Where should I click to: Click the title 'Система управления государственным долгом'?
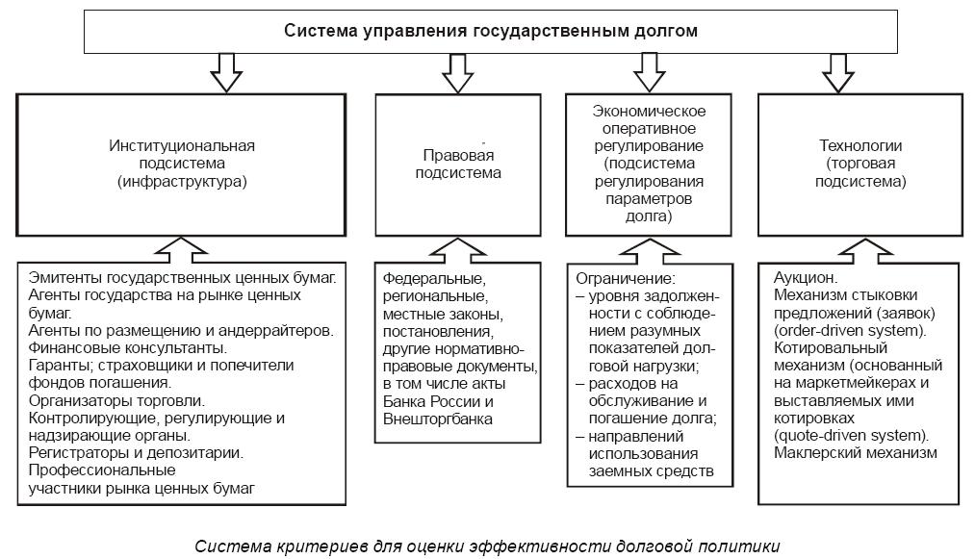491,31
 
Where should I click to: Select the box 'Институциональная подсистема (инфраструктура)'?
181,163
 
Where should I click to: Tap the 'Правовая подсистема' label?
458,165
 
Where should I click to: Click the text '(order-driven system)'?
849,330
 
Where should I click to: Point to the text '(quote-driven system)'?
850,435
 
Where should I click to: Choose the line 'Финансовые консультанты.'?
128,346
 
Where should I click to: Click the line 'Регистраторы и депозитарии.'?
136,452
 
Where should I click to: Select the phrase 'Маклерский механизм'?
855,453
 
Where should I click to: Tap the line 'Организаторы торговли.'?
117,399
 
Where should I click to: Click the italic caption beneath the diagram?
487,546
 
